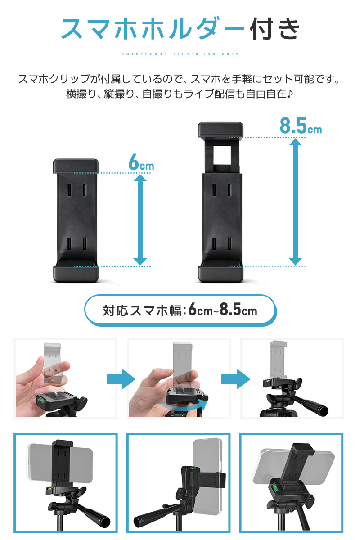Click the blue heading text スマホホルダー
pyautogui.click(x=153, y=29)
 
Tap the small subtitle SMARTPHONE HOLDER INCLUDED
pyautogui.click(x=180, y=54)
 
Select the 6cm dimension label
pyautogui.click(x=140, y=163)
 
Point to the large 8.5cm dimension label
pyautogui.click(x=300, y=126)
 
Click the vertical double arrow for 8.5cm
pyautogui.click(x=295, y=202)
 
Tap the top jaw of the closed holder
pyautogui.click(x=76, y=166)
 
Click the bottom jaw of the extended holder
pyautogui.click(x=220, y=273)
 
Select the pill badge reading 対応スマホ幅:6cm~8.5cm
pyautogui.click(x=180, y=310)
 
